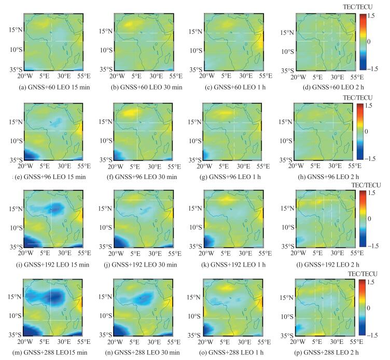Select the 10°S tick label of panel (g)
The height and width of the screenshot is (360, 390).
click(197, 141)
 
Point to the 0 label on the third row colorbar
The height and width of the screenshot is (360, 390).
click(369, 218)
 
